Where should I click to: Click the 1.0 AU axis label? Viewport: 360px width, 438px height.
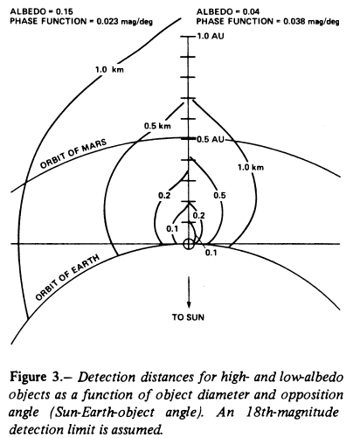(x=211, y=36)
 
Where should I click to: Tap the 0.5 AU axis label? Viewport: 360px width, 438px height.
(x=211, y=140)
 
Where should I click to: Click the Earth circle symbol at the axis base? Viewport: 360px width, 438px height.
(x=189, y=244)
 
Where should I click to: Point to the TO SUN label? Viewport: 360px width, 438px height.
(x=188, y=317)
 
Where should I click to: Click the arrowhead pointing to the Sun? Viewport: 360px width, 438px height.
(x=189, y=303)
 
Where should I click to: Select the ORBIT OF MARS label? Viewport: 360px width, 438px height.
(x=73, y=153)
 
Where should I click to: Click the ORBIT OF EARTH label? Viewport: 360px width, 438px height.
(x=67, y=277)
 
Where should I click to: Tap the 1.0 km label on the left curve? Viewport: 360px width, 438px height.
(x=109, y=70)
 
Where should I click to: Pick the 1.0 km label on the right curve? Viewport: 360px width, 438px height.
(x=251, y=167)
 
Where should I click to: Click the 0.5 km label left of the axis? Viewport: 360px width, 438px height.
(x=157, y=126)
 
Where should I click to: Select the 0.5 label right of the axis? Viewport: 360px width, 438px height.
(x=219, y=195)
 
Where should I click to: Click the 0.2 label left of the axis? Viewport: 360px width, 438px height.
(x=164, y=196)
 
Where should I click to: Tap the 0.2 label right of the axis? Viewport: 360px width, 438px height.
(x=199, y=215)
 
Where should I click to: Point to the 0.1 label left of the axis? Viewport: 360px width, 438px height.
(x=172, y=229)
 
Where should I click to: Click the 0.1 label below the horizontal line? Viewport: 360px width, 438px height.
(x=211, y=253)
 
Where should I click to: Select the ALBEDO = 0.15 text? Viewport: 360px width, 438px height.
(x=41, y=11)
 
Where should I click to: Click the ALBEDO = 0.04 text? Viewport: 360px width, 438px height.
(x=228, y=11)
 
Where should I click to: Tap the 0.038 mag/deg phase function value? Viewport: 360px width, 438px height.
(x=311, y=22)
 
